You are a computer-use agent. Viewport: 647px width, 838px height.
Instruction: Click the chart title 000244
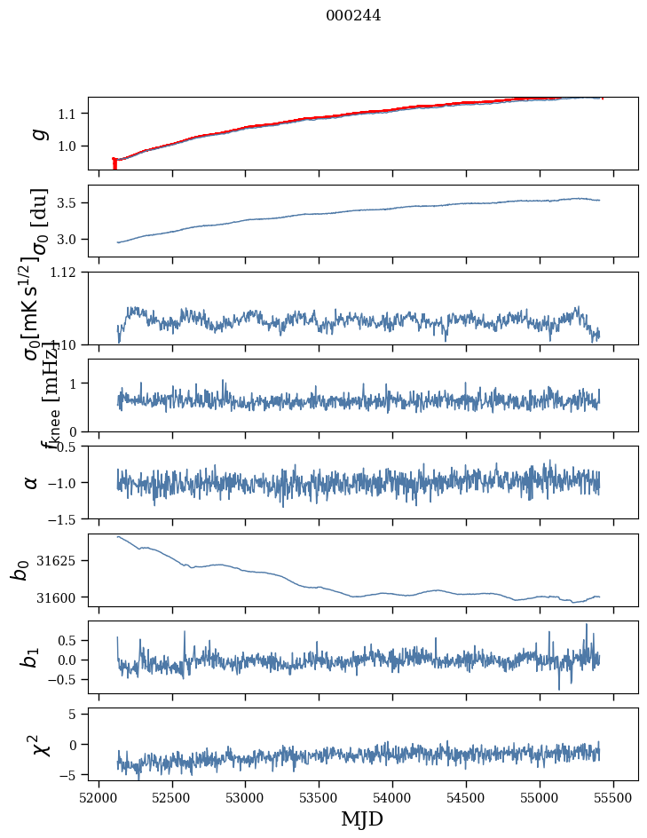353,15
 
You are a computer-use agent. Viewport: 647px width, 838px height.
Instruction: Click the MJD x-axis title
362,818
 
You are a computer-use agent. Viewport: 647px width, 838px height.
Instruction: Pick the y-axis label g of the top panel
36,133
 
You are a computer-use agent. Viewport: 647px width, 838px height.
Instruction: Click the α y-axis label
31,482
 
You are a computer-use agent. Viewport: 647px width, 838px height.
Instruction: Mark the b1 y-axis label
31,658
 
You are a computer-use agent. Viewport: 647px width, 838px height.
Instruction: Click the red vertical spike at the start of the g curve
114,164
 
